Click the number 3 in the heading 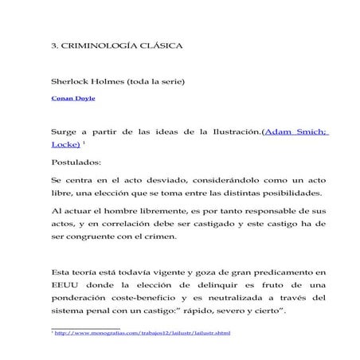pyautogui.click(x=53, y=46)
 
